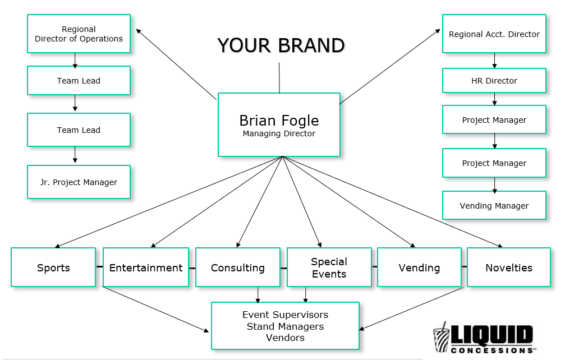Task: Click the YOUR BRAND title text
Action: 281,45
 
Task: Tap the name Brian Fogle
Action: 279,121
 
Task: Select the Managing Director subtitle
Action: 279,134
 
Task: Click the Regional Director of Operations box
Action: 79,34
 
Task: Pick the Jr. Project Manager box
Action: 79,182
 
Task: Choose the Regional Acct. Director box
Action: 494,34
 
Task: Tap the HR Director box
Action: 494,81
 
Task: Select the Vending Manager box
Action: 494,206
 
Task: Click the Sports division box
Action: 53,267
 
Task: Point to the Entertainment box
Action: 146,267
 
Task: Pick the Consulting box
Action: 237,267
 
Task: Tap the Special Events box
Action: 329,267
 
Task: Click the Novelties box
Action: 508,267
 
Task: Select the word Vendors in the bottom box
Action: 285,338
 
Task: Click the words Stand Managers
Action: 285,326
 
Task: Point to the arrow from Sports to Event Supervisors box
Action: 154,309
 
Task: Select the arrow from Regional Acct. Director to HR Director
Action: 494,61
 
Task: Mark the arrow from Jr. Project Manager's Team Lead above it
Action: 75,155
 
